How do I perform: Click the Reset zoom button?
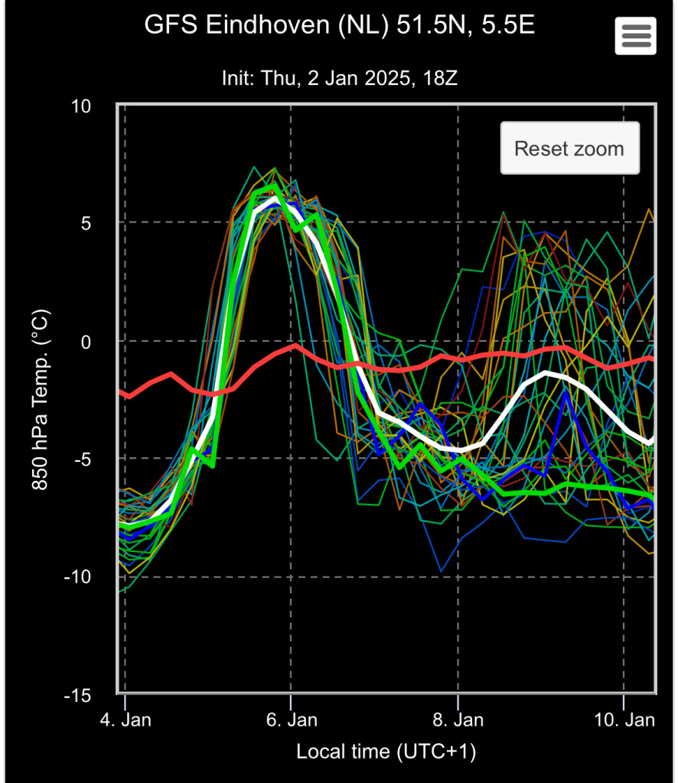click(569, 148)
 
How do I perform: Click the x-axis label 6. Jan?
click(292, 720)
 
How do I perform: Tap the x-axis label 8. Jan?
click(458, 720)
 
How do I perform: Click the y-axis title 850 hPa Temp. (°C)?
click(42, 401)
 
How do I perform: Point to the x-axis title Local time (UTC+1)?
click(386, 752)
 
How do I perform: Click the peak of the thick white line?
click(274, 198)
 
